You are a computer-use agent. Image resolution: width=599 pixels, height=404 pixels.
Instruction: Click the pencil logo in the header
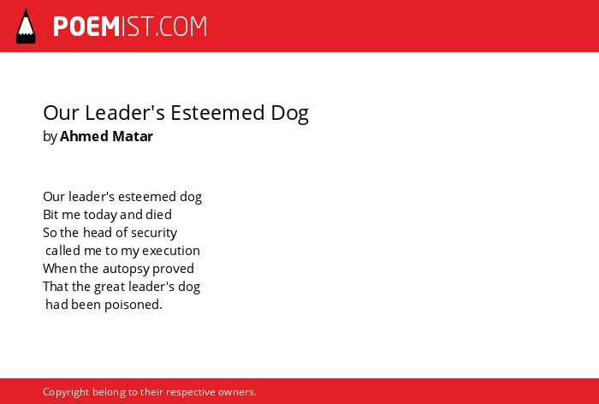26,26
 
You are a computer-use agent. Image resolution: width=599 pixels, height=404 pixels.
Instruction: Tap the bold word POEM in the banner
86,27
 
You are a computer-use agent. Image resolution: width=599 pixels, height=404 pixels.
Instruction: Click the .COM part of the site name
181,27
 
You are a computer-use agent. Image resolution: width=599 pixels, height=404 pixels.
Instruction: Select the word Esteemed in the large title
217,113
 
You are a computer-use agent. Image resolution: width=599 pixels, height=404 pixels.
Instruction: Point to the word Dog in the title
289,114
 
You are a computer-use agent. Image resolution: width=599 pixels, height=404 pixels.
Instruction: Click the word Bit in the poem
50,215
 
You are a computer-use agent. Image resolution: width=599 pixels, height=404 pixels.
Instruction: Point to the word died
158,215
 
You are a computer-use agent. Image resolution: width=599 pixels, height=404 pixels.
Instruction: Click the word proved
173,269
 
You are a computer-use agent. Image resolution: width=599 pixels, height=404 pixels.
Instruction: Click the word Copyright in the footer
66,393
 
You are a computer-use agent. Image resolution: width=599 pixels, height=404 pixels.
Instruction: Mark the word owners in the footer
237,392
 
